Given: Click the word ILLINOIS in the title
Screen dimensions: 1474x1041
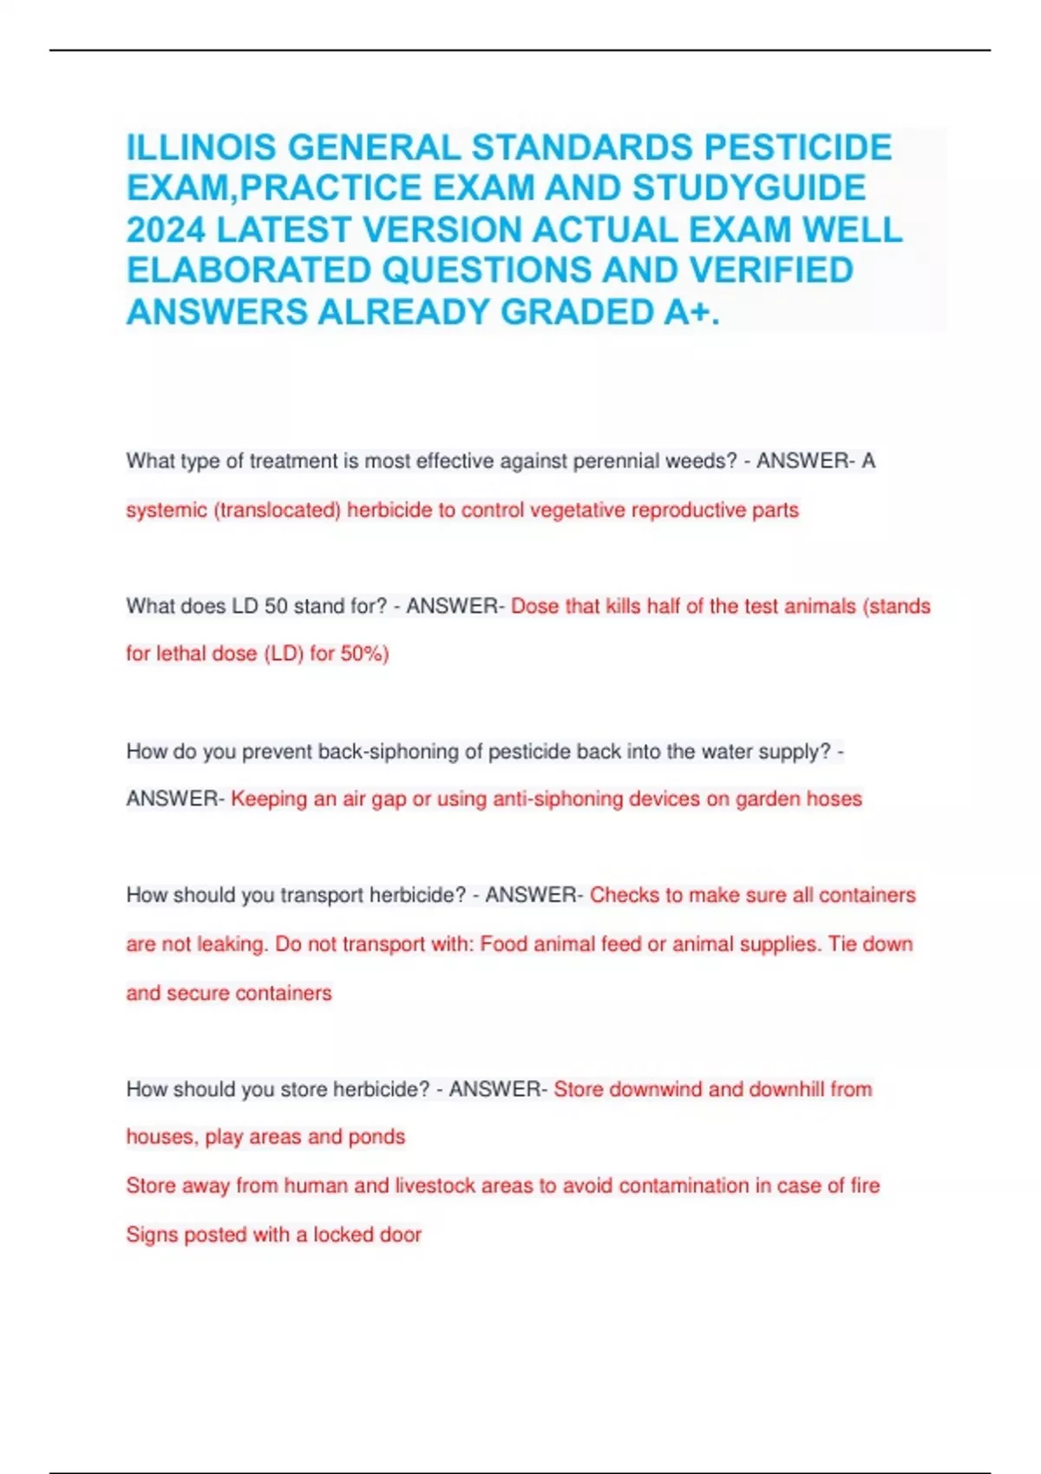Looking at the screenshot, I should tap(202, 147).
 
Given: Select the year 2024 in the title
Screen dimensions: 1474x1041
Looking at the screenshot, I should tap(166, 230).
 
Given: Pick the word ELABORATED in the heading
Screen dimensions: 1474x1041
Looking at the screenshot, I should tap(249, 271).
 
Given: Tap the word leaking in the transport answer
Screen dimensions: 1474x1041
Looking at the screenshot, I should tap(231, 943).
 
